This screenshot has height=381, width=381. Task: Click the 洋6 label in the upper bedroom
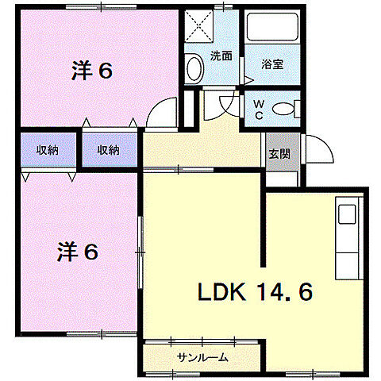(x=91, y=71)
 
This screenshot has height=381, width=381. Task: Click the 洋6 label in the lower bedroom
(x=78, y=252)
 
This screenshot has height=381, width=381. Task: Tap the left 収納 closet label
(x=47, y=148)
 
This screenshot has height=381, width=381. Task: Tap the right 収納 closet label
(x=109, y=148)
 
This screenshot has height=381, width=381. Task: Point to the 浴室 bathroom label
(x=273, y=64)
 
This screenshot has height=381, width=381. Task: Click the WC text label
(x=259, y=107)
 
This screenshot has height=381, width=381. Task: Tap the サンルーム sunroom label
(x=202, y=356)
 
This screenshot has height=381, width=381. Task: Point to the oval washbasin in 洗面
(x=193, y=69)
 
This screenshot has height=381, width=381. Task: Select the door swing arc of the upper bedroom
(x=162, y=112)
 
